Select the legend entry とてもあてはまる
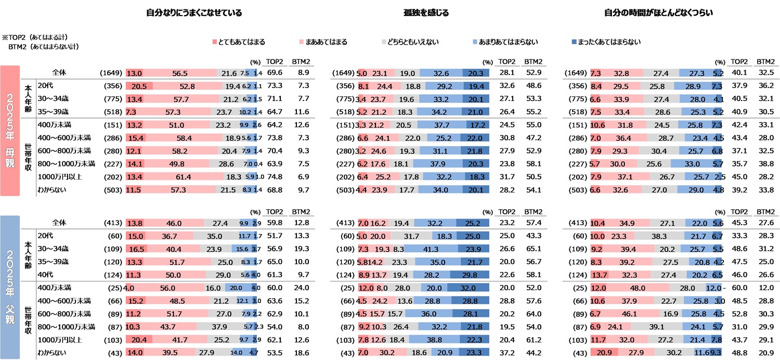click(242, 42)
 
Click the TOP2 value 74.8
click(274, 177)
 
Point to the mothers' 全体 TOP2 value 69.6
click(274, 73)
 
